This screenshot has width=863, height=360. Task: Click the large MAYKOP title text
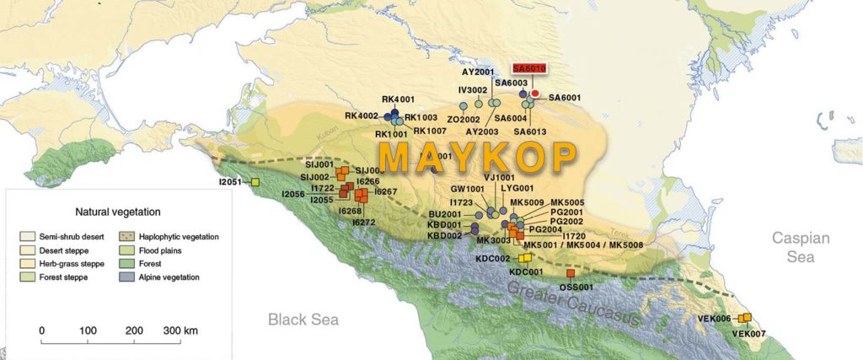point(478,158)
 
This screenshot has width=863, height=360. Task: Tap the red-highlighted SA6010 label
point(530,68)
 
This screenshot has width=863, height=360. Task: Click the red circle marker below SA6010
point(534,94)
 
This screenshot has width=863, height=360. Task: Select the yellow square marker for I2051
point(255,182)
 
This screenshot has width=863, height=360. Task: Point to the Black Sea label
point(303,320)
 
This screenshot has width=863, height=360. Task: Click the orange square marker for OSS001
point(571,273)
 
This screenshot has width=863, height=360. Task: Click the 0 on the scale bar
point(42,330)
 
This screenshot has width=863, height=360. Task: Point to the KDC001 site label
point(526,271)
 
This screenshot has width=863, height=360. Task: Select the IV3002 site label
point(473,89)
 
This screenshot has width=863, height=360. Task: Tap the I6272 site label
point(363,223)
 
